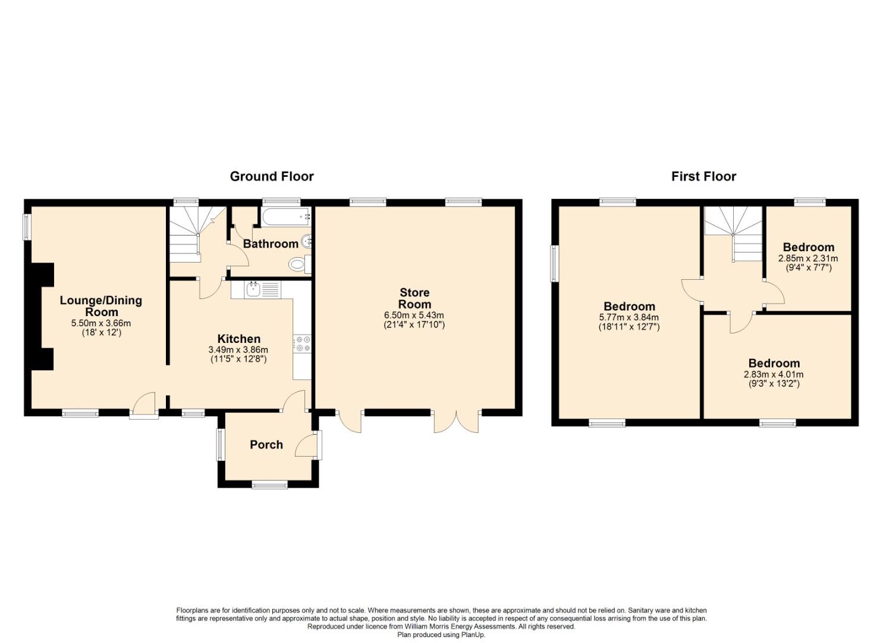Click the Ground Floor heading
coord(272,176)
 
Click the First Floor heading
coord(703,176)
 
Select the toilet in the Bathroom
coord(300,264)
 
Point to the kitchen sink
coord(252,290)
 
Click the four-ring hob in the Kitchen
coord(302,344)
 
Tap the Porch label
coord(266,445)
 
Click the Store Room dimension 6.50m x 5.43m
coord(414,316)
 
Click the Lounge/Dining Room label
coord(101,306)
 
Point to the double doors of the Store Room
coord(457,422)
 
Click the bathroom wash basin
coord(307,242)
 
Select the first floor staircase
coord(733,233)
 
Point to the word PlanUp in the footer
coord(474,635)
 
